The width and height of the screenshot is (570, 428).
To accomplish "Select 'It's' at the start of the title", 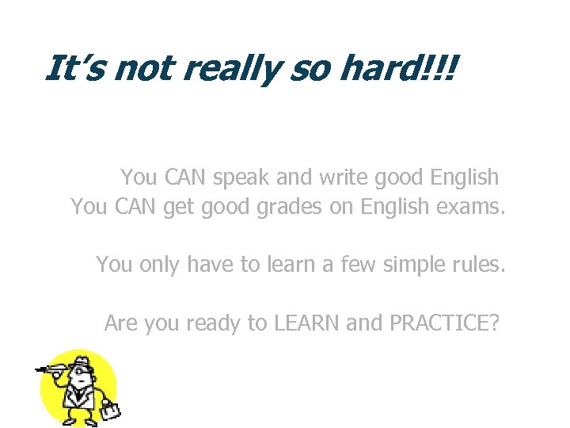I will [x=74, y=68].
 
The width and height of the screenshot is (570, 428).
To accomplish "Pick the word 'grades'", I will [x=272, y=208].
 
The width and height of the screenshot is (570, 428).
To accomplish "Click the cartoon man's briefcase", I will [x=110, y=410].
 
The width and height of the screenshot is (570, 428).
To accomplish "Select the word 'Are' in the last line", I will [x=120, y=323].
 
